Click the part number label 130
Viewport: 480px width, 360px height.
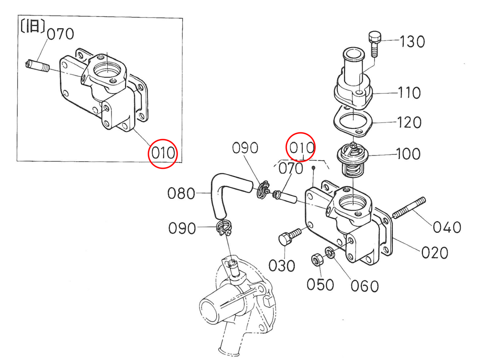[x=412, y=42]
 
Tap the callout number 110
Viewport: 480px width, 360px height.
[x=409, y=93]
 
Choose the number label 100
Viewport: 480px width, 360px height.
[x=408, y=154]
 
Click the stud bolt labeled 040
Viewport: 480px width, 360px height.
[x=409, y=208]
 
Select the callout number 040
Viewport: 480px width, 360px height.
[x=447, y=227]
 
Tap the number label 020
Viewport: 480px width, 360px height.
[x=435, y=253]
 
